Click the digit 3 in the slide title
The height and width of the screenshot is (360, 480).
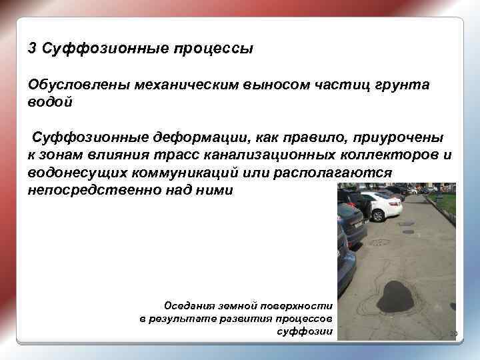pos(32,49)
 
